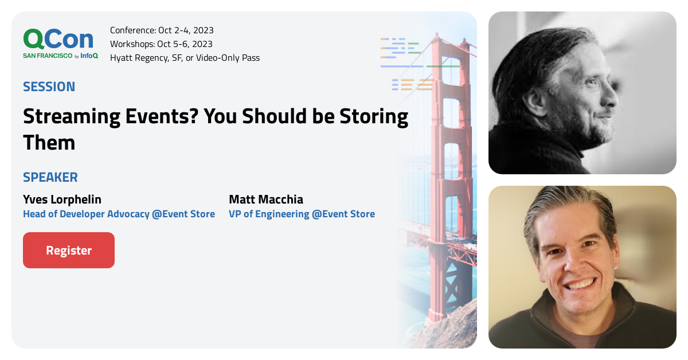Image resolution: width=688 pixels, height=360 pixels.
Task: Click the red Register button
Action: click(69, 251)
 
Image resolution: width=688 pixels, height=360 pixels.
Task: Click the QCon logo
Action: click(58, 39)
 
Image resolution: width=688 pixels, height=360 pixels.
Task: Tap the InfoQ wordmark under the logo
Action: click(89, 56)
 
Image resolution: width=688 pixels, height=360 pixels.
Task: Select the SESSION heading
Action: click(49, 87)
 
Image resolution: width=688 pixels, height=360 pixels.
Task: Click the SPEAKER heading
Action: click(50, 177)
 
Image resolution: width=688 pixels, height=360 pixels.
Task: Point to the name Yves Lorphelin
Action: click(62, 199)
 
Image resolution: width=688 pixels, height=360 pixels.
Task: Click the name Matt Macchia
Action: click(266, 199)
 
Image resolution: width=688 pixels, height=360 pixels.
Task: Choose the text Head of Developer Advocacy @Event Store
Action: click(119, 214)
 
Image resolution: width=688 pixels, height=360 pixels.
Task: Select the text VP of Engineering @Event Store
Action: click(302, 214)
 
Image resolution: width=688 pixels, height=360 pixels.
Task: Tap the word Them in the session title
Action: click(49, 142)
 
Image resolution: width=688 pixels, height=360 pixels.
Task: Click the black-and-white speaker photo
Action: click(582, 93)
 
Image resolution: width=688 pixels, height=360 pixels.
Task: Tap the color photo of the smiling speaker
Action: click(582, 267)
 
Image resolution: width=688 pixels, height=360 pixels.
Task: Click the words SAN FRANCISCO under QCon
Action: click(48, 56)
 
